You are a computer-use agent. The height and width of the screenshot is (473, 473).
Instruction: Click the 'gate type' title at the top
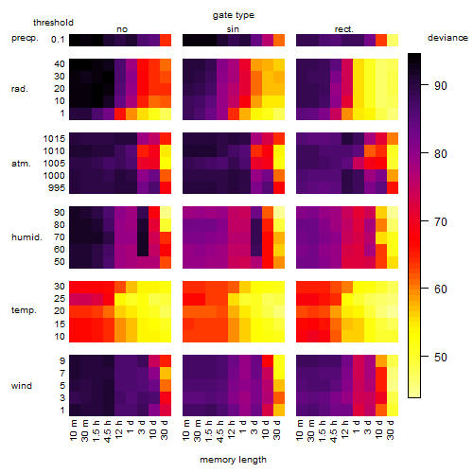click(x=234, y=15)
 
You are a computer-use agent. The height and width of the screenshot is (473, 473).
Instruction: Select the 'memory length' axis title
click(x=233, y=460)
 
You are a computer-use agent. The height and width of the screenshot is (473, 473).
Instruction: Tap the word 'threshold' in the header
click(x=53, y=23)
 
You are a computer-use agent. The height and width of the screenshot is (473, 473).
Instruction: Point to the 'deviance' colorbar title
click(x=447, y=38)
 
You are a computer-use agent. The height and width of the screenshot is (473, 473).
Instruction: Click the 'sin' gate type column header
click(x=233, y=29)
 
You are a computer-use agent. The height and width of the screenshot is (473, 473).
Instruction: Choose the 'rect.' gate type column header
click(x=343, y=29)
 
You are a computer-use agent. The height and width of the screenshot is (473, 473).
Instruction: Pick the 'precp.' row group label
click(x=25, y=38)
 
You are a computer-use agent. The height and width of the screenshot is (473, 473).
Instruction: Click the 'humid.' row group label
click(x=26, y=237)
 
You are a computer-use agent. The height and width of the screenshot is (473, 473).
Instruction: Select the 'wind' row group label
click(x=22, y=386)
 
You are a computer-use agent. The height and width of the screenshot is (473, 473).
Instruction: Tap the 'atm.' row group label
click(x=21, y=164)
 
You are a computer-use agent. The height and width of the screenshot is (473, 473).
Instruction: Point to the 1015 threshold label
click(x=54, y=139)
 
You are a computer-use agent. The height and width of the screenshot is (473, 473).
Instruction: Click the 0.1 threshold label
click(x=58, y=40)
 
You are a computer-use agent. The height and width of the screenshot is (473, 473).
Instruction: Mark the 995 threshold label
click(x=57, y=188)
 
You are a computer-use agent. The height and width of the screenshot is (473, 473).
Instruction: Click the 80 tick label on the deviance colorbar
click(x=441, y=154)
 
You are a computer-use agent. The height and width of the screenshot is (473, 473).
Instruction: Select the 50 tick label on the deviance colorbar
click(x=441, y=358)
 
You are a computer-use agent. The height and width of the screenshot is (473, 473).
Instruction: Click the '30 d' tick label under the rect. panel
click(x=390, y=429)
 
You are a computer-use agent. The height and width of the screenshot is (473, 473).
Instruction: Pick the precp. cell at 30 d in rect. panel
click(x=393, y=41)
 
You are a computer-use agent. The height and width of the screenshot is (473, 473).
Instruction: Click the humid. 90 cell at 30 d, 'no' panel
click(x=166, y=213)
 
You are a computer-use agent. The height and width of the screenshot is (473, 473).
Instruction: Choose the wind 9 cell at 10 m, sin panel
click(x=188, y=360)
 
